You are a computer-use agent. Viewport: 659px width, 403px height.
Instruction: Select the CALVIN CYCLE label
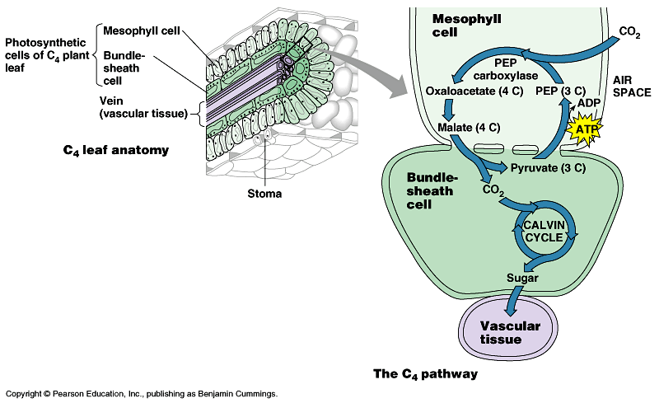click(542, 232)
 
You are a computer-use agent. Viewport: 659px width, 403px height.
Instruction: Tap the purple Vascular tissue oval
click(510, 332)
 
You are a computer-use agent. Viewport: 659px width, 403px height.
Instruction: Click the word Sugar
click(522, 278)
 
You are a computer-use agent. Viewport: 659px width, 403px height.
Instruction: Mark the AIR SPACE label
click(633, 87)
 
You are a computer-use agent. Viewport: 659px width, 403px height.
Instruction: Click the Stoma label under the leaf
click(264, 194)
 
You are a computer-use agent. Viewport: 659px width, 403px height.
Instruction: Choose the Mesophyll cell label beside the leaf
click(141, 30)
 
